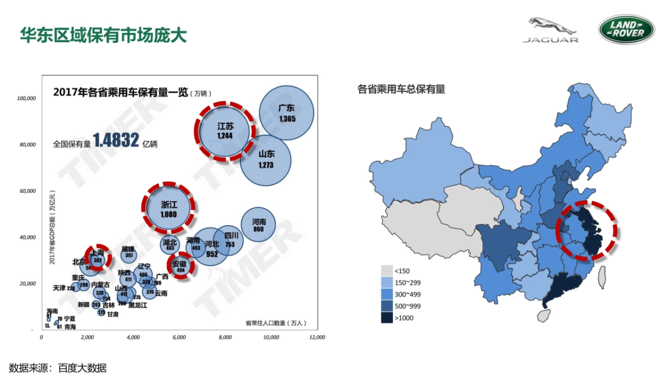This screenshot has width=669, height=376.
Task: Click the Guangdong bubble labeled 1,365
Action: tap(287, 114)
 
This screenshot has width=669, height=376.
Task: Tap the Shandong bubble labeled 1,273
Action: tap(265, 160)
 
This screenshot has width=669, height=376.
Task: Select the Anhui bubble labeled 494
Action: tap(180, 266)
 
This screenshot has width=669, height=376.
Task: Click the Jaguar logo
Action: tap(551, 30)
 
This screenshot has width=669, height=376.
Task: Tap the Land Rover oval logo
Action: tap(627, 29)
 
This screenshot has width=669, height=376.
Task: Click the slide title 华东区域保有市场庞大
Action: tap(103, 35)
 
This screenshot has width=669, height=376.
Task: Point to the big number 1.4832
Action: tap(116, 141)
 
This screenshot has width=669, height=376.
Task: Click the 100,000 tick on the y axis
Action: tap(26, 98)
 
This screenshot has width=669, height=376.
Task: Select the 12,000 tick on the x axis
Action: tap(317, 338)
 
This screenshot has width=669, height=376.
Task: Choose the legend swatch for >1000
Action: tap(386, 318)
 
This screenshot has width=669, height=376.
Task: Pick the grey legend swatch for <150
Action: tap(386, 271)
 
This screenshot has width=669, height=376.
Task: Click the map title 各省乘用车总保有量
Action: tap(401, 89)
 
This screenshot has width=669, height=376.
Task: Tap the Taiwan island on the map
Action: tap(602, 277)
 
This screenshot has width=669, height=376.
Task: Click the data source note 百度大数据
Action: tap(83, 368)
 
